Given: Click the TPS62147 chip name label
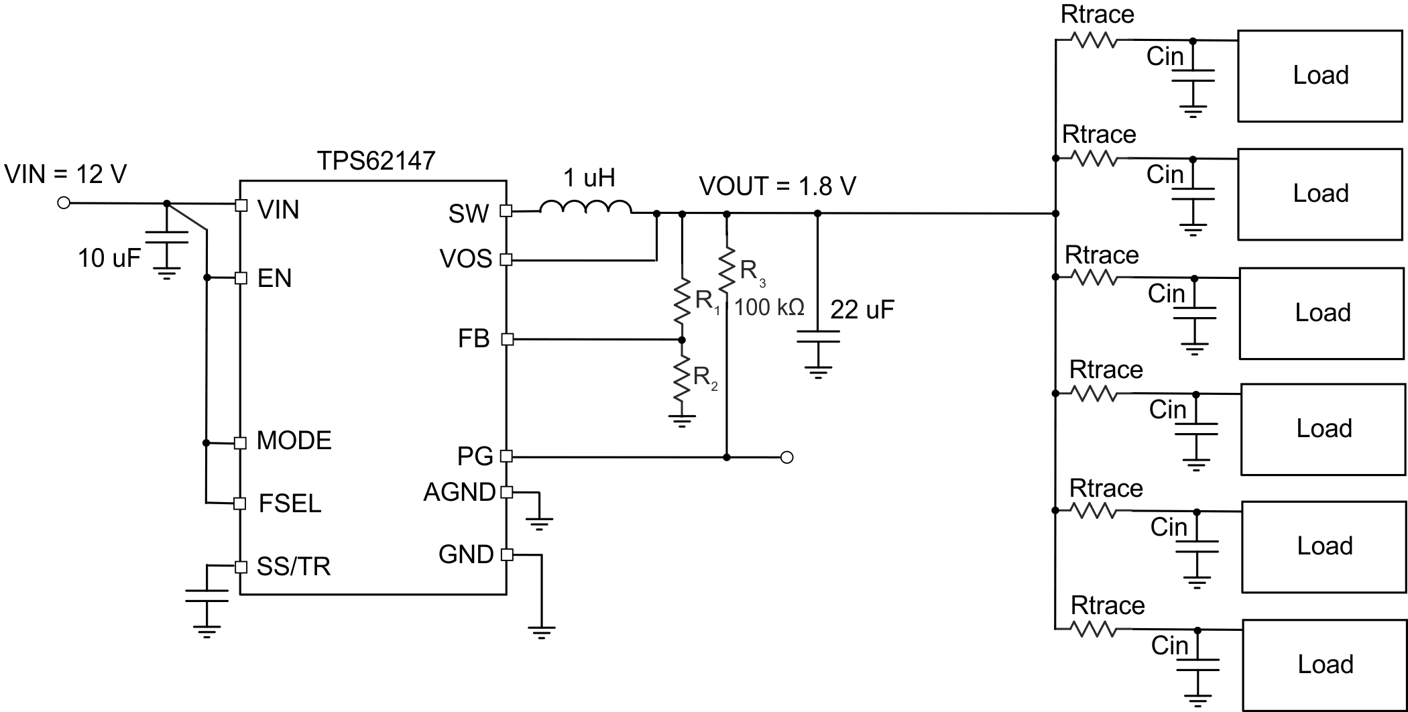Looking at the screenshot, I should tap(376, 161).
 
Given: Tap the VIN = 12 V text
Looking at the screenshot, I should tap(66, 174).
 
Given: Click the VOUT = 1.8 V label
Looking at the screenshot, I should tap(777, 186).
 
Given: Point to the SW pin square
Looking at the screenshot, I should tap(506, 211).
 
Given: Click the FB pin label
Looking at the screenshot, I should tap(473, 339).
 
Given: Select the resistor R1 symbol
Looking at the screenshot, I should tap(682, 302).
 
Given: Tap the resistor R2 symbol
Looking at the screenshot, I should tap(682, 379).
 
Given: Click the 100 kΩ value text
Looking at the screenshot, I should tap(769, 308).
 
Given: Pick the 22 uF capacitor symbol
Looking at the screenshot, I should tap(817, 337).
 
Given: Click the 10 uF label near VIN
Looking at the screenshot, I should tap(109, 258).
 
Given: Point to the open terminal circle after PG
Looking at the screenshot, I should tap(788, 457).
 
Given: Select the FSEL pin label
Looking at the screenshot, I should tap(290, 503).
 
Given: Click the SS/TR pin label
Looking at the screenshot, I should tap(294, 567).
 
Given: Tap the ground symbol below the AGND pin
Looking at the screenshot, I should tap(539, 522).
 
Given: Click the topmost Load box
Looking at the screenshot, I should tap(1319, 76).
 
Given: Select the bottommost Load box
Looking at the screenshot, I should tap(1324, 664).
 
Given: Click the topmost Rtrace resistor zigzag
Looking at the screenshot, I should tap(1093, 41).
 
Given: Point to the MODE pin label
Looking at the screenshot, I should tap(294, 441).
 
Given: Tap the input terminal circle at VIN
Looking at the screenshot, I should tap(64, 202).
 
